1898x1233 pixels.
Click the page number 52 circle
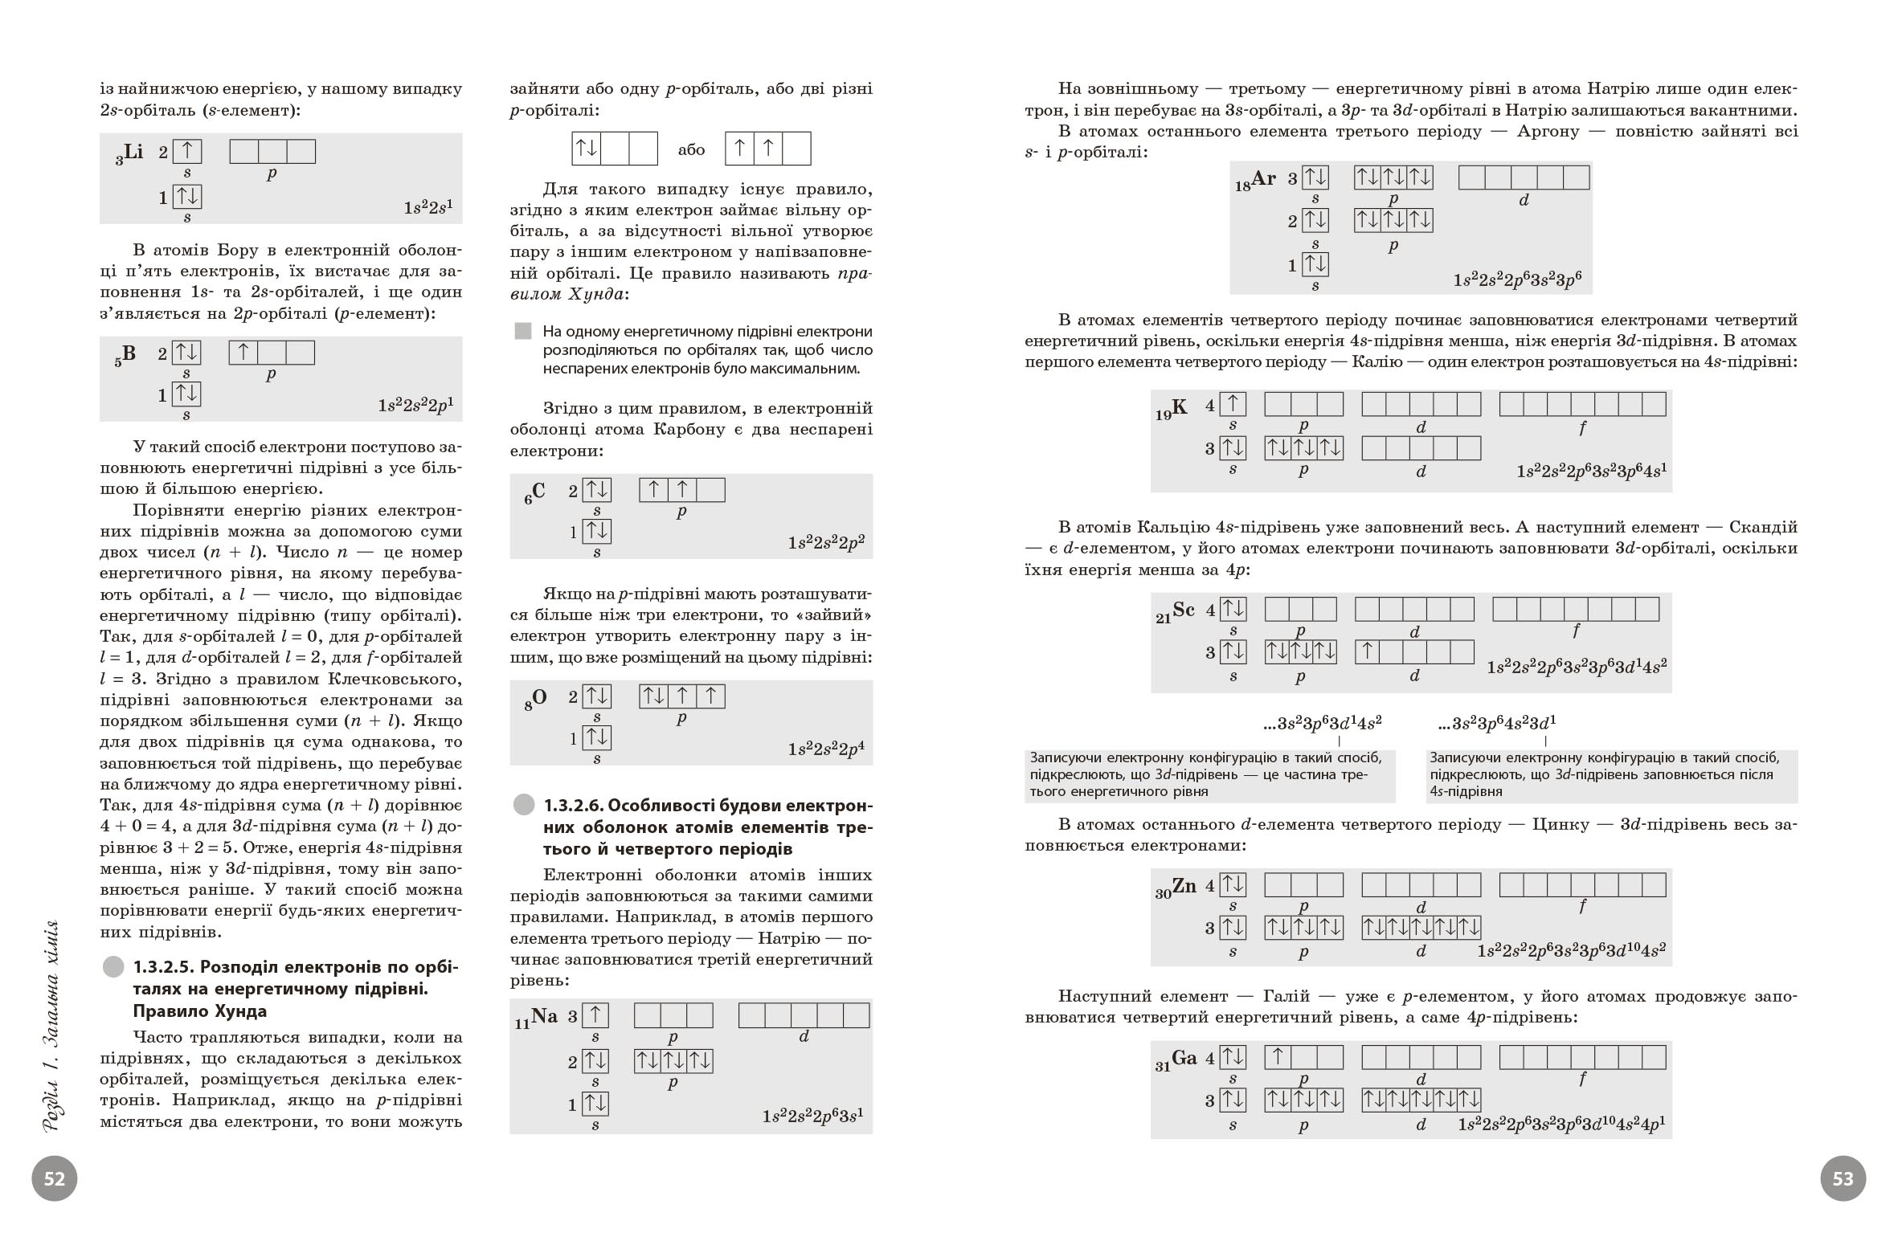click(x=55, y=1178)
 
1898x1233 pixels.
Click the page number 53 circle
click(x=1843, y=1178)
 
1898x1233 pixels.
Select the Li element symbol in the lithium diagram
click(x=133, y=152)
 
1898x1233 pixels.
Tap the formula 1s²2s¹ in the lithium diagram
click(x=428, y=207)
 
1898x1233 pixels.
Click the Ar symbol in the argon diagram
click(x=1262, y=179)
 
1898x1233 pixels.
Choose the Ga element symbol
click(x=1184, y=1059)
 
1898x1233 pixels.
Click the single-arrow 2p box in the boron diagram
click(x=243, y=352)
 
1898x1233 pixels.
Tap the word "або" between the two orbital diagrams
click(x=691, y=150)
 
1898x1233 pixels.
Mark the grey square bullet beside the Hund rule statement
click(x=523, y=331)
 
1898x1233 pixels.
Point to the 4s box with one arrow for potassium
click(x=1232, y=404)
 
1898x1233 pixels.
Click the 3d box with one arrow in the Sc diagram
click(x=1368, y=651)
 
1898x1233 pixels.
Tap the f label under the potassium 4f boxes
click(x=1582, y=428)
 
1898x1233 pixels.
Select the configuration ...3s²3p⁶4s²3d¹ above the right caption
click(x=1497, y=723)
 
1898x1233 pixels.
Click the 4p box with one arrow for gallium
click(x=1278, y=1057)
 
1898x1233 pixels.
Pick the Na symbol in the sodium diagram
click(x=544, y=1016)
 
